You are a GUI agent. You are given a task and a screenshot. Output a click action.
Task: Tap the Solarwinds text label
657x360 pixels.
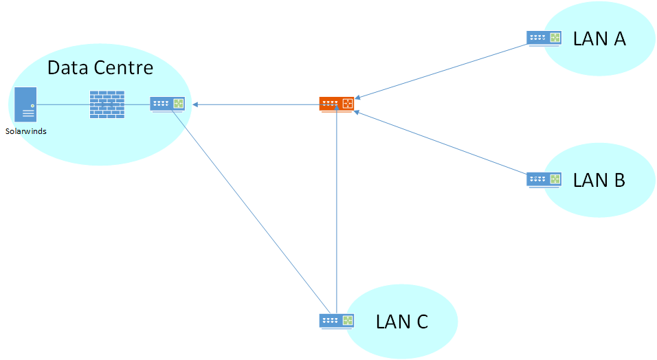pos(26,131)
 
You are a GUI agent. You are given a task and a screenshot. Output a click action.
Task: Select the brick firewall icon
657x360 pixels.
pos(107,104)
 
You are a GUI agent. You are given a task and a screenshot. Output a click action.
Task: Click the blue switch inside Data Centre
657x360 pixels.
pos(168,104)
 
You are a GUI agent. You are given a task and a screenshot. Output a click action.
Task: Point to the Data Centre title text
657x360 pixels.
pos(100,68)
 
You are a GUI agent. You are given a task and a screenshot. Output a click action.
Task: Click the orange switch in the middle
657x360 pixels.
pos(337,104)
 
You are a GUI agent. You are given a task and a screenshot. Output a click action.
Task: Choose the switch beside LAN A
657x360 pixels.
pos(544,38)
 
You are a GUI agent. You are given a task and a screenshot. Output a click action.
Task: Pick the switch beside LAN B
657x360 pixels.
pos(544,179)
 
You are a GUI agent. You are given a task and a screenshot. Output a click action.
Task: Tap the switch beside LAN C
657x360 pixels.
pos(337,321)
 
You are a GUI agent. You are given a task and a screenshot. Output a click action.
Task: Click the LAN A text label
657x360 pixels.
pos(599,39)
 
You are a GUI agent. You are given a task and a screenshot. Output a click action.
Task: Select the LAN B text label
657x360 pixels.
pos(599,180)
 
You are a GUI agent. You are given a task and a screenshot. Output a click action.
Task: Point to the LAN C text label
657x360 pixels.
pos(402,321)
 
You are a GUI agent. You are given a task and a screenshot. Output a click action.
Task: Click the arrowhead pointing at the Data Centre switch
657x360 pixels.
pos(197,104)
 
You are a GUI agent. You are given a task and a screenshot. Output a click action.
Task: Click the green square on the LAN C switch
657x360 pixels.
pos(348,320)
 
